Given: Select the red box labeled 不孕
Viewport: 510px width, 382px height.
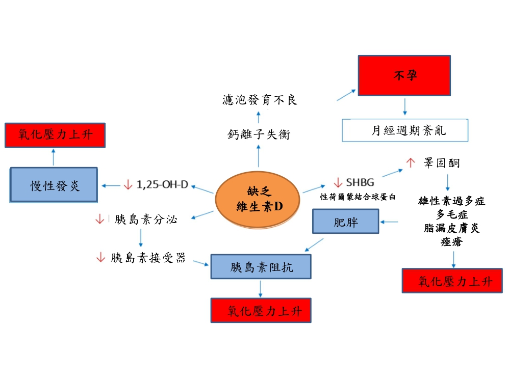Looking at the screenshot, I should click(x=404, y=76).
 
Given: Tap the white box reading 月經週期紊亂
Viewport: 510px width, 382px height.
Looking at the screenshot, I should click(x=404, y=131).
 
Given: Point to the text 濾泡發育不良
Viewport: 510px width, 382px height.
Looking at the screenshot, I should click(x=260, y=100).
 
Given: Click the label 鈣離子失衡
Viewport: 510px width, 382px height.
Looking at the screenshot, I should click(x=259, y=135).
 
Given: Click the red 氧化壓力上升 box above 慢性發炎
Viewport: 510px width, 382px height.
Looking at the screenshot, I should click(x=55, y=135).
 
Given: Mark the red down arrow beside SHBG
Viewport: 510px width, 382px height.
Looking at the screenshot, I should click(x=338, y=182).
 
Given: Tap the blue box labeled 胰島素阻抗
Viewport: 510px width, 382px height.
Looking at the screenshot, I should click(x=261, y=267).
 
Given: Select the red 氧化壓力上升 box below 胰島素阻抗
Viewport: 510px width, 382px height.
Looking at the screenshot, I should click(x=261, y=310).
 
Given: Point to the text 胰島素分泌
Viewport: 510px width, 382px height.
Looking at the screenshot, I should click(x=145, y=220).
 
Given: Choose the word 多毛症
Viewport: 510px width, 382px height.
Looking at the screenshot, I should click(x=452, y=214).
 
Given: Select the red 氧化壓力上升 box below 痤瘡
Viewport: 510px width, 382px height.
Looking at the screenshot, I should click(x=452, y=280).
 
